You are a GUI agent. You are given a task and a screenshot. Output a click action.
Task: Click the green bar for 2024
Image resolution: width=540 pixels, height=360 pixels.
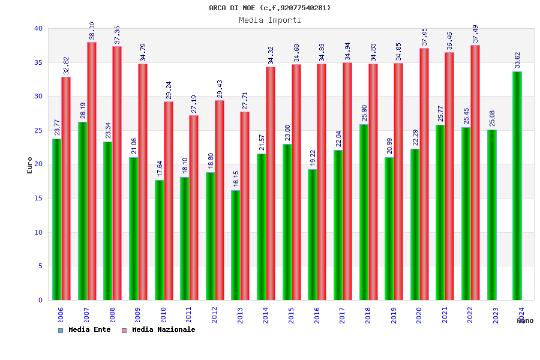click(517, 186)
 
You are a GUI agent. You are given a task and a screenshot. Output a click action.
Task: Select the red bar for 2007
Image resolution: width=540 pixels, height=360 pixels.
click(92, 171)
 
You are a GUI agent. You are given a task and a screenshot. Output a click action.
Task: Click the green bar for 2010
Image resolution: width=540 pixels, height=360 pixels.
click(159, 240)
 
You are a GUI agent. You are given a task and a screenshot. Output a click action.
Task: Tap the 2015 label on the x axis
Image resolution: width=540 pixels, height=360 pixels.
click(292, 316)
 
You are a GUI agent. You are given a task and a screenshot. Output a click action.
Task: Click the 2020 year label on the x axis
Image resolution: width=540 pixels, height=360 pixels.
click(419, 316)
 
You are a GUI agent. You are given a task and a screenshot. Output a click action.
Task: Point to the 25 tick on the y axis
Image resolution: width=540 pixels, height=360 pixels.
click(38, 130)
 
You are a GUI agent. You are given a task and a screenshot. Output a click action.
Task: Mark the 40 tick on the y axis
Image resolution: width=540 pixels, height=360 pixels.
click(38, 28)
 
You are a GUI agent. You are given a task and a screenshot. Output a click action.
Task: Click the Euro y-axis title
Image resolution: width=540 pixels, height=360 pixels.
click(30, 165)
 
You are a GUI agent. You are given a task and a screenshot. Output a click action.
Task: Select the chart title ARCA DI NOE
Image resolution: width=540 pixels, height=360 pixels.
click(269, 8)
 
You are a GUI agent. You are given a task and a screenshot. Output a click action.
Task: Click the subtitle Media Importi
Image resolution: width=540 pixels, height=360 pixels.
click(269, 20)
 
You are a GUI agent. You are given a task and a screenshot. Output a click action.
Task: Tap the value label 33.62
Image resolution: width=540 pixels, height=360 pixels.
click(517, 60)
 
